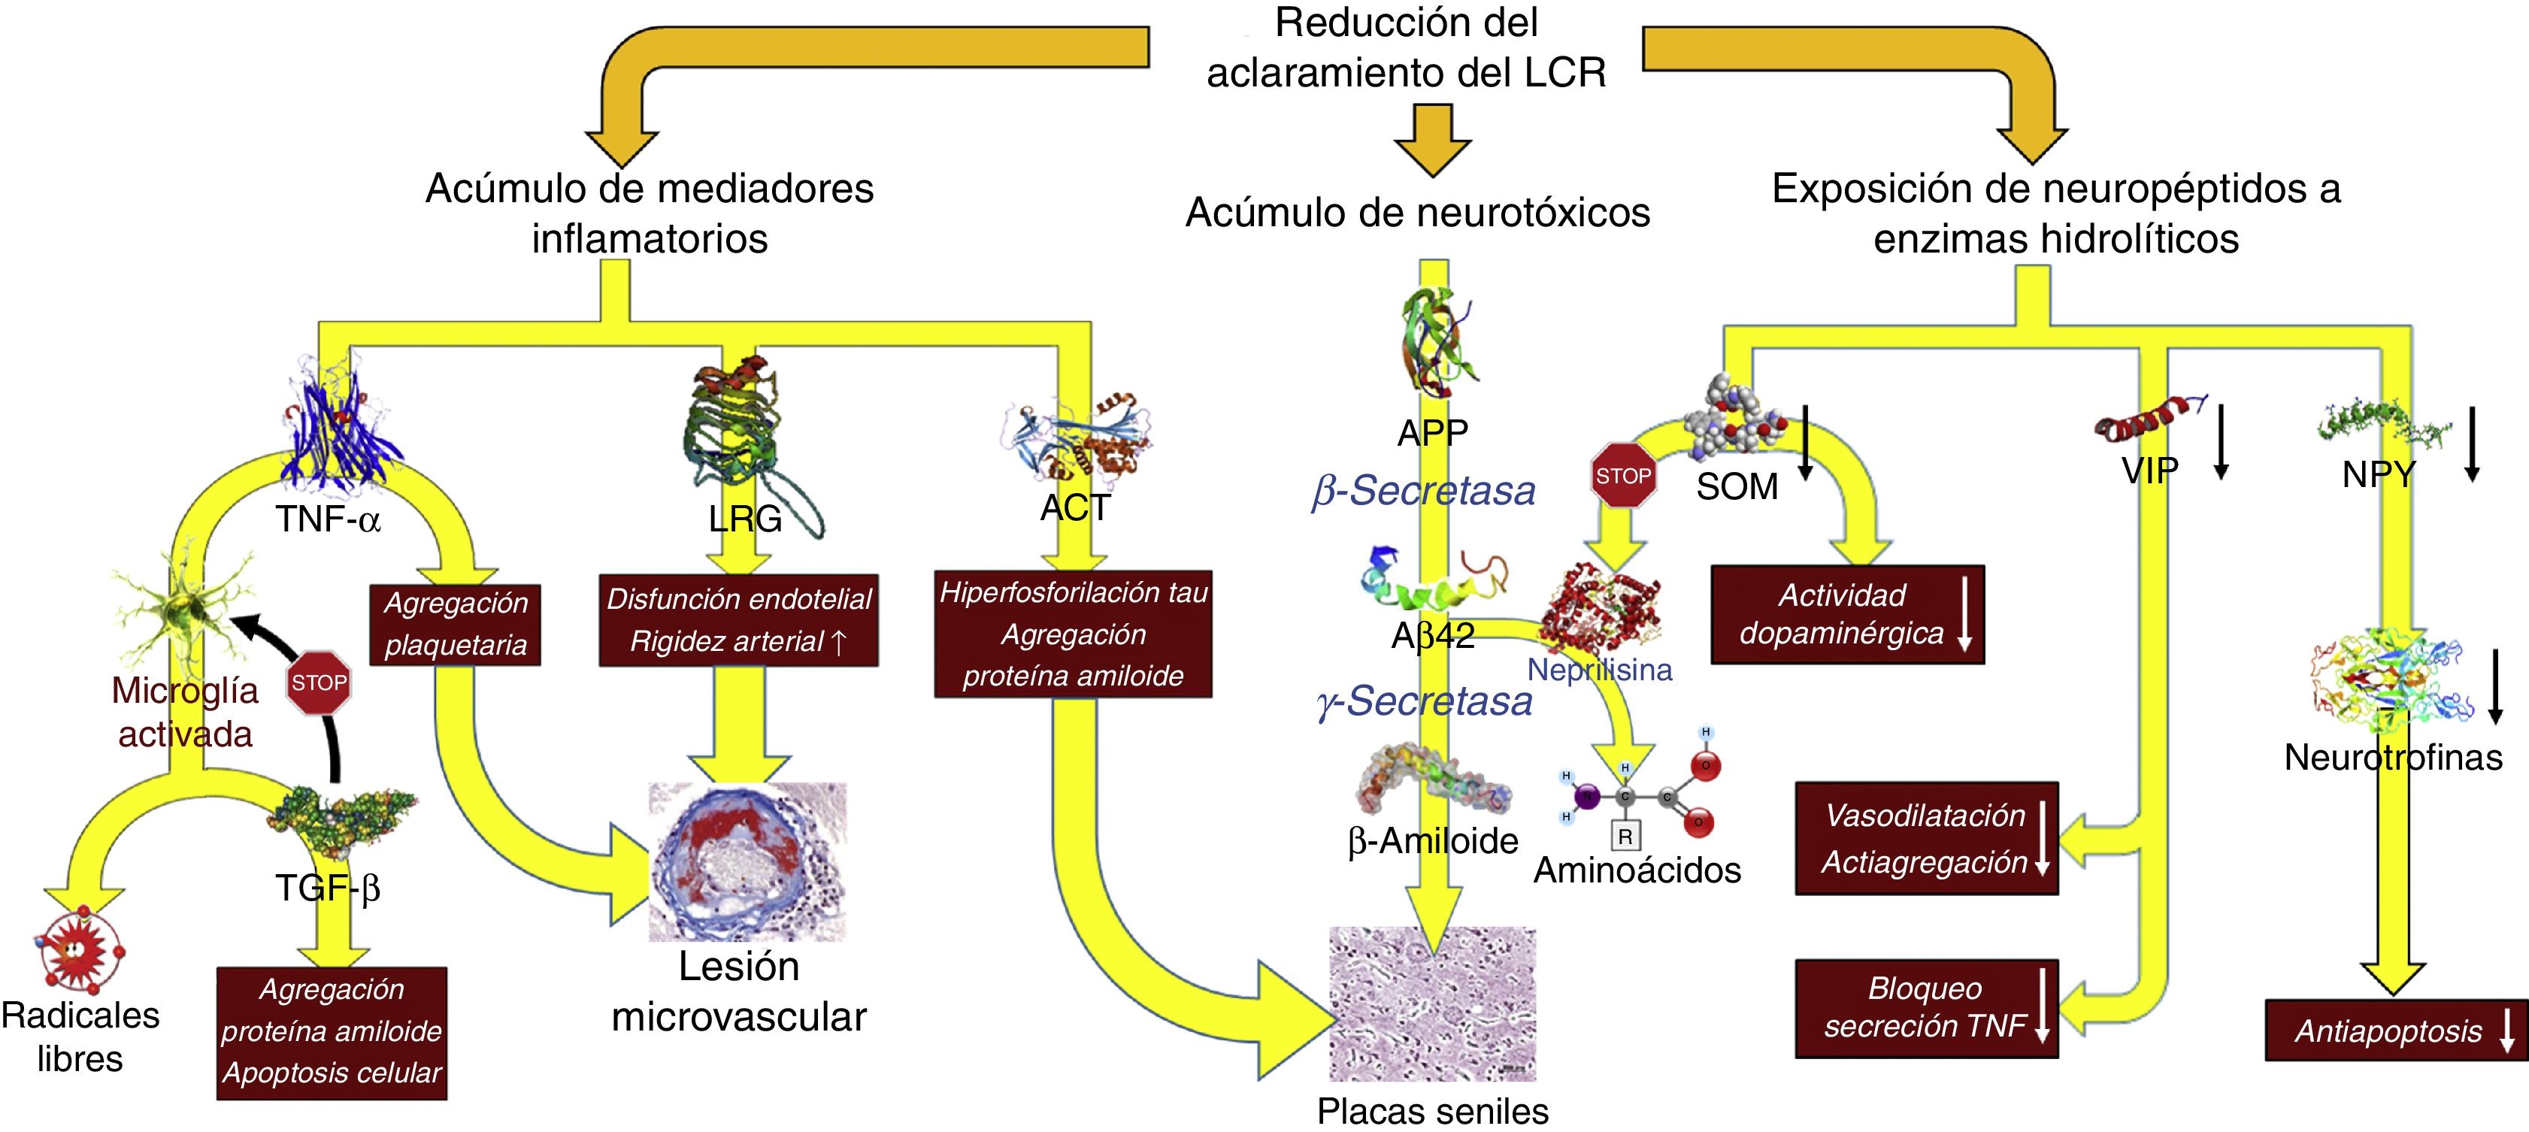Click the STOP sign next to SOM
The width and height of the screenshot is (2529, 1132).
[x=1623, y=475]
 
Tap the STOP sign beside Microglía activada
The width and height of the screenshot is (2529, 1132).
[x=319, y=683]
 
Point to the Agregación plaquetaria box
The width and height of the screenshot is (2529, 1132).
[x=456, y=625]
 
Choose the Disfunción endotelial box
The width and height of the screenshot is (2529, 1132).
[x=739, y=620]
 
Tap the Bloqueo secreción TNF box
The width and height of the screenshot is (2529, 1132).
[x=1926, y=1008]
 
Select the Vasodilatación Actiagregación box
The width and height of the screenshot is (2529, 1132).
[x=1926, y=838]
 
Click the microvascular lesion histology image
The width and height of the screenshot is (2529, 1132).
[x=748, y=861]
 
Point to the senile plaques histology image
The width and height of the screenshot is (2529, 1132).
[x=1432, y=1003]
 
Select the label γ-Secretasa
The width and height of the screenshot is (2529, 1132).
[x=1425, y=702]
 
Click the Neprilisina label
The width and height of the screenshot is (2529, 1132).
[x=1599, y=670]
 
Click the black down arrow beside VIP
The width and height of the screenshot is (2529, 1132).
[x=2221, y=442]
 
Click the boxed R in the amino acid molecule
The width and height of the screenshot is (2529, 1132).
[x=1625, y=837]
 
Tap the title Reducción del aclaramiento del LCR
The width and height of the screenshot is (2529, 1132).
[x=1406, y=47]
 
